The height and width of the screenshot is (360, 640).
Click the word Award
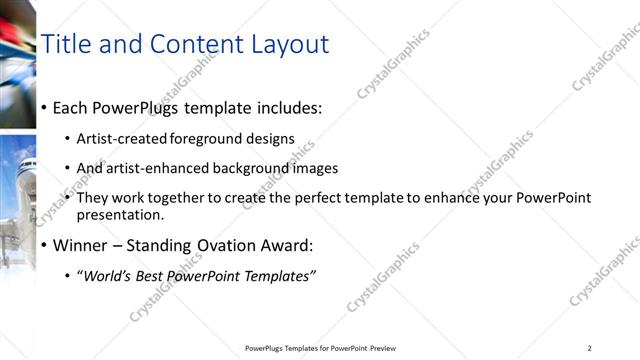[x=287, y=245]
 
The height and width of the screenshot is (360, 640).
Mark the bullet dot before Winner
[x=44, y=246]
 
